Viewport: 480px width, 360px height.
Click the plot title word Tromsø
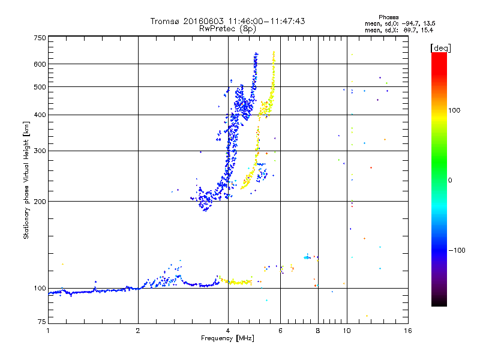164,21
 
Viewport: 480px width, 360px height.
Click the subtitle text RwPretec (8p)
228,28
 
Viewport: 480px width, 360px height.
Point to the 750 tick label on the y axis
40,38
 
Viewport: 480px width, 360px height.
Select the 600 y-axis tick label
40,64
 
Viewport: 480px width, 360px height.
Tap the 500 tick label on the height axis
40,86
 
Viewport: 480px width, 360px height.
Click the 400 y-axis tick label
40,115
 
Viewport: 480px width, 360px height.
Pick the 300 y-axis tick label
40,151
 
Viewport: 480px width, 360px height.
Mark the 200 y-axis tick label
40,201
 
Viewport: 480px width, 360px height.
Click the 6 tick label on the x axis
280,331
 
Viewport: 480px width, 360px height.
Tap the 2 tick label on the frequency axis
138,331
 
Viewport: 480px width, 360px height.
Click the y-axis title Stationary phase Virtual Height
26,180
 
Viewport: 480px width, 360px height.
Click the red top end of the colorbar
439,55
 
